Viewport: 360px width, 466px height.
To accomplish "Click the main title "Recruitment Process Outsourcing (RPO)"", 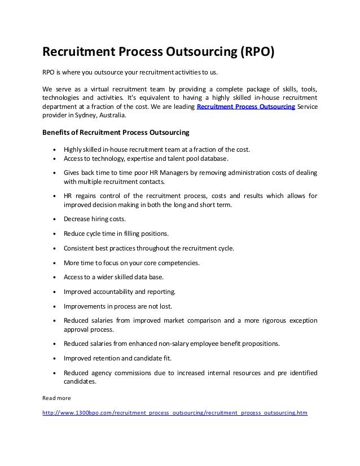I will point(159,52).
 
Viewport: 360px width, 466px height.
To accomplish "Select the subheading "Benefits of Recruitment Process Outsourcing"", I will point(116,133).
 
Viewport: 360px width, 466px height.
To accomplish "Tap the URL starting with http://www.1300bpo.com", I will point(175,412).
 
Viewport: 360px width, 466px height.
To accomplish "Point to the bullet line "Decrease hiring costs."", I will point(95,219).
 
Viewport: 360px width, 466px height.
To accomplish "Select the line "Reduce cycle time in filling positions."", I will point(116,233).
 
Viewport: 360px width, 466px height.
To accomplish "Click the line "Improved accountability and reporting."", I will point(120,292).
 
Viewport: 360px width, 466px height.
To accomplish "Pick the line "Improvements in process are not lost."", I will point(118,306).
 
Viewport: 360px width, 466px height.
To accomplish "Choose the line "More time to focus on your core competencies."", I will point(131,262).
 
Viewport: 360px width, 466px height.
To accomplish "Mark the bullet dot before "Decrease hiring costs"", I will point(54,219).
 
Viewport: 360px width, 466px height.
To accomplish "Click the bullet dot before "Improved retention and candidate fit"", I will point(54,358).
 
